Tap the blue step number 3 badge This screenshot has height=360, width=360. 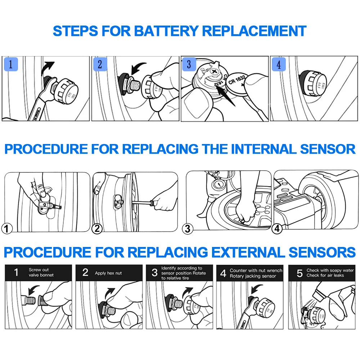point(189,64)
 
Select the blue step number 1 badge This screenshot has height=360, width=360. point(10,65)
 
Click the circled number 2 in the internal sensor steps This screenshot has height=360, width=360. point(97,228)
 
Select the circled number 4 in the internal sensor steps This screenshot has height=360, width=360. point(277,228)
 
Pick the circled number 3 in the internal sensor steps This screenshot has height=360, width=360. point(188,228)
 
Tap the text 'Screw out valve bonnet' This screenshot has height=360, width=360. point(41,273)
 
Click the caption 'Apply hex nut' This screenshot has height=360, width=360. point(108,273)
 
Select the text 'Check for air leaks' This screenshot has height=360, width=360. point(325,275)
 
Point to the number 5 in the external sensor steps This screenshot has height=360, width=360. point(300,273)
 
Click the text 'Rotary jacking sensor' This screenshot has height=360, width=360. point(253,276)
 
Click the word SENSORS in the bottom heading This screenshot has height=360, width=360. point(323,252)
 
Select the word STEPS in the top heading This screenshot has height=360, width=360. point(75,31)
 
